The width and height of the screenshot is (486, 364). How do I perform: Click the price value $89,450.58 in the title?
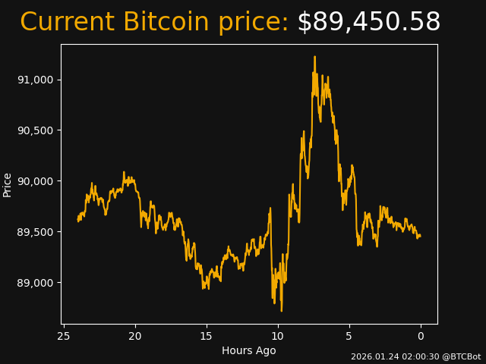point(368,23)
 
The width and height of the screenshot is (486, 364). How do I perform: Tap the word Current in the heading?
point(68,23)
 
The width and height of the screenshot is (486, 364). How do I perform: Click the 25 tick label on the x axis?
point(64,336)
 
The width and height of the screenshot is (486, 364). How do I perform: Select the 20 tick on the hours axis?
point(135,336)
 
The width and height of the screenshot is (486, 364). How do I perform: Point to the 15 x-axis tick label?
point(207,336)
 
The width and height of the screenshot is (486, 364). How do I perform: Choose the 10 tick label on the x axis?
point(278,336)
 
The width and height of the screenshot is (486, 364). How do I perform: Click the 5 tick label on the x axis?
point(349,336)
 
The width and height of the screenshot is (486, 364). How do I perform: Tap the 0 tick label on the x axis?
point(421,336)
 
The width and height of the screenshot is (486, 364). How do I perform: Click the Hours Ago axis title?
point(249,350)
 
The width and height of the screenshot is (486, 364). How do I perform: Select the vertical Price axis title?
point(8,184)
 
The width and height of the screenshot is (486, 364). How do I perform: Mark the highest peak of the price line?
point(314,57)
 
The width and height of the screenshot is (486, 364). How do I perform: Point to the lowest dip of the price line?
point(281,310)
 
